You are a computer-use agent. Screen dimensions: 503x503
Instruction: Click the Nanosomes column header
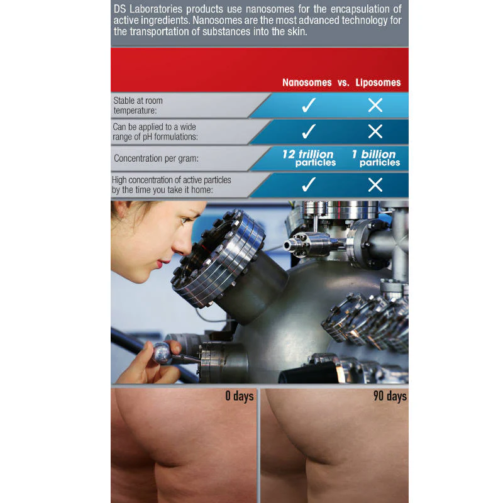point(307,82)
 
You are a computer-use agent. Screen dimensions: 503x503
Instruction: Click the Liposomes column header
point(378,82)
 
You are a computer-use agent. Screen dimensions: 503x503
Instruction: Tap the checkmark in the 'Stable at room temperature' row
point(309,105)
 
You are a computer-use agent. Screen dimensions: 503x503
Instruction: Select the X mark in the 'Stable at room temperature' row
point(375,105)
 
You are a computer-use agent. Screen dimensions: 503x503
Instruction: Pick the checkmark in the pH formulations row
point(309,131)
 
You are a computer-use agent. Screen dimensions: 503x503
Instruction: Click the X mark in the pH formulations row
point(375,131)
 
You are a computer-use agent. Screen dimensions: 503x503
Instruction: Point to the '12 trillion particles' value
point(309,158)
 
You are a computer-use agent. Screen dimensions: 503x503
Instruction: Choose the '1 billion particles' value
point(376,158)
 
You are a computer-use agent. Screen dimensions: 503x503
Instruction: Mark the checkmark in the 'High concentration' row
point(309,185)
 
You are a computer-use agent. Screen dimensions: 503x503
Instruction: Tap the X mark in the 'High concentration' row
point(375,185)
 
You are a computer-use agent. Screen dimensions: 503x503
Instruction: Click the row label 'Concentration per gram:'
point(156,158)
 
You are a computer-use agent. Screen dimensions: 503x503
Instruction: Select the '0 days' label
point(240,396)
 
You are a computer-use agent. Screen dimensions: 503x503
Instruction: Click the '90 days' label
point(390,396)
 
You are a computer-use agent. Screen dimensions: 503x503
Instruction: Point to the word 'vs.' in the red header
point(343,83)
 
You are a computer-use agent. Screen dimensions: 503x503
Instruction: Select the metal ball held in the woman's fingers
point(162,353)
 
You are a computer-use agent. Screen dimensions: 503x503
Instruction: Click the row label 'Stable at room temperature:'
point(138,106)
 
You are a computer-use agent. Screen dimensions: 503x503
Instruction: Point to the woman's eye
point(184,220)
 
